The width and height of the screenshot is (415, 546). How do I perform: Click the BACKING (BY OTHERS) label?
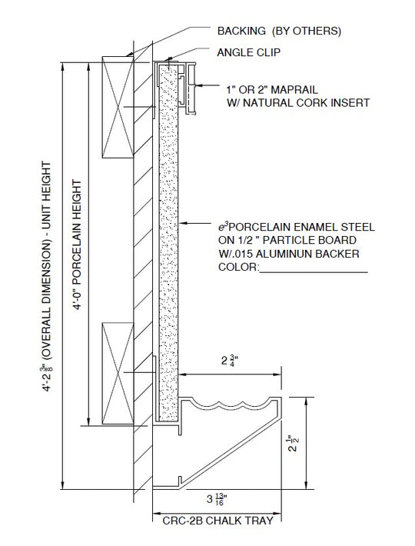click(x=279, y=31)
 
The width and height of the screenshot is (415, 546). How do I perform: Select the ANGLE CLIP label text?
click(x=249, y=52)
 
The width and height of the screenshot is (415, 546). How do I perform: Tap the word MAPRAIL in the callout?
click(x=294, y=90)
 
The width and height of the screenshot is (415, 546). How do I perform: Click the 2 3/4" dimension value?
click(x=230, y=361)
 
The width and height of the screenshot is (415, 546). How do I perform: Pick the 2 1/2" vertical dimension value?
click(x=294, y=442)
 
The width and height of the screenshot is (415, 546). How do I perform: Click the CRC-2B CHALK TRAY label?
click(x=217, y=521)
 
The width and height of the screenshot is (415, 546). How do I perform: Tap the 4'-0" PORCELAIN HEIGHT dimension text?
click(x=77, y=245)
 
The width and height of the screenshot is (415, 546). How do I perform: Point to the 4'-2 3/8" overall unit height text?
click(x=47, y=277)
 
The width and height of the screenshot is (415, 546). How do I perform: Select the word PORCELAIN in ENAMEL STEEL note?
click(x=260, y=227)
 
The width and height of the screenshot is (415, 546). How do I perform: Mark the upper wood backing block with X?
click(x=118, y=107)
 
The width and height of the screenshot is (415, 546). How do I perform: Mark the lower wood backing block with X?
click(x=118, y=373)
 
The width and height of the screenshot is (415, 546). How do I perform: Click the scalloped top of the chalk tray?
click(x=231, y=404)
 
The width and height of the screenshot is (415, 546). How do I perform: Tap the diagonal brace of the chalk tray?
click(x=231, y=453)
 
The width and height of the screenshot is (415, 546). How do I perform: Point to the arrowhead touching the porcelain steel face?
click(x=182, y=223)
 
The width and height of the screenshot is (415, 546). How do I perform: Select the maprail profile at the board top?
click(x=188, y=88)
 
